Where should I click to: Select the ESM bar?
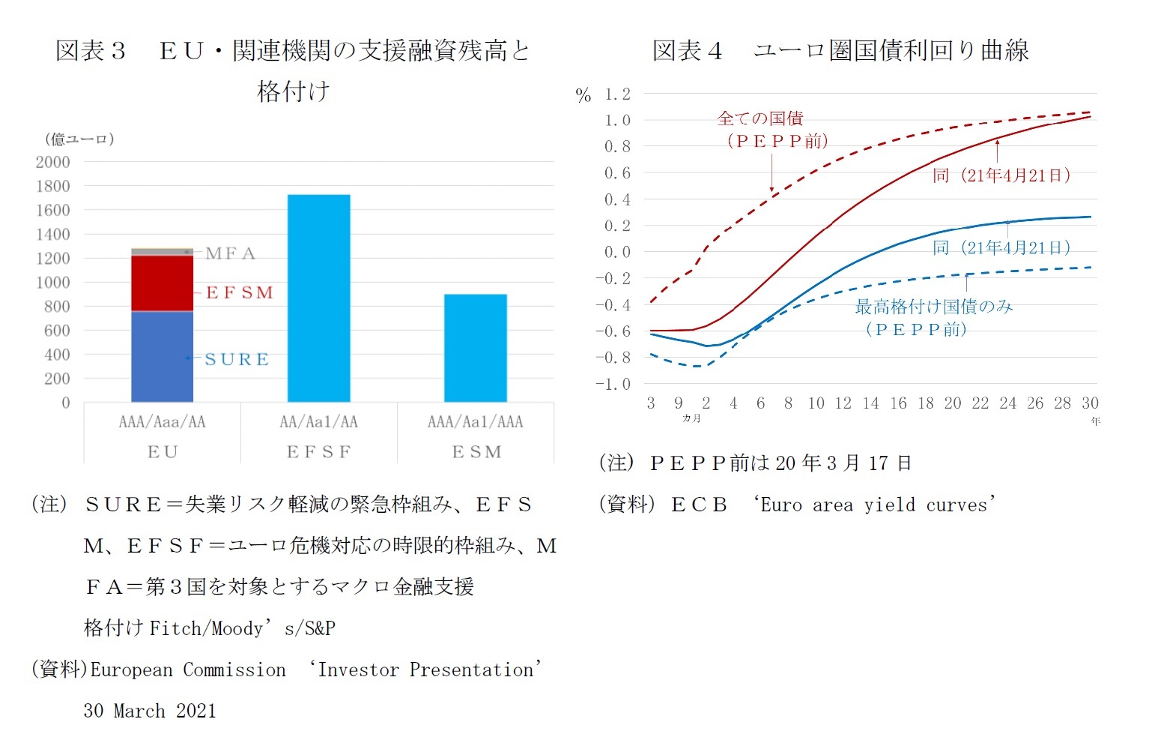pyautogui.click(x=475, y=348)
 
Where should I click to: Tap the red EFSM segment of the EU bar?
pyautogui.click(x=162, y=283)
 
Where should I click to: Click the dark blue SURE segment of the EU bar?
pyautogui.click(x=162, y=356)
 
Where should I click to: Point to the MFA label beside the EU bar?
pyautogui.click(x=231, y=253)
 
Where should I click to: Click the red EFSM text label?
pyautogui.click(x=240, y=292)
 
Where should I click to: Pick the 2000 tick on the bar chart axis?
pyautogui.click(x=52, y=162)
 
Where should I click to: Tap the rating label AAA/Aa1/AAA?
pyautogui.click(x=475, y=421)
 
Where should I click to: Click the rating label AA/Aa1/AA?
pyautogui.click(x=318, y=421)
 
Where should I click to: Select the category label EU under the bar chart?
pyautogui.click(x=163, y=451)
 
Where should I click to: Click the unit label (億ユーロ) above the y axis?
pyautogui.click(x=79, y=139)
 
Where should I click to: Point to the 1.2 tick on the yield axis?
pyautogui.click(x=617, y=94)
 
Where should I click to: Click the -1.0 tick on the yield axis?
pyautogui.click(x=613, y=384)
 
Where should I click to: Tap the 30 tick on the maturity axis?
pyautogui.click(x=1090, y=403)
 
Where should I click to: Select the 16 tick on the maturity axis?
pyautogui.click(x=898, y=403)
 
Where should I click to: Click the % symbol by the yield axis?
pyautogui.click(x=583, y=95)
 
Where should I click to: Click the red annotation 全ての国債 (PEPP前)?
pyautogui.click(x=771, y=129)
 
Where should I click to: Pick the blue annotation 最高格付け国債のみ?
pyautogui.click(x=933, y=307)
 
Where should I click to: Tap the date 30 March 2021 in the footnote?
pyautogui.click(x=150, y=711)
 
